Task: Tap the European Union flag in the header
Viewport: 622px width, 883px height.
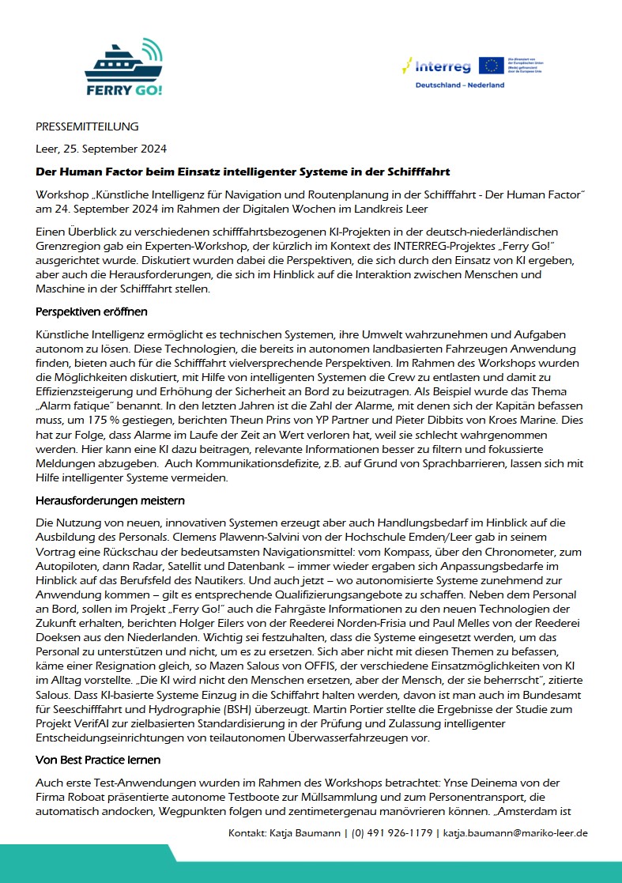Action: [491, 66]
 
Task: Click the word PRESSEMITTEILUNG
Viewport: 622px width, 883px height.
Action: [87, 126]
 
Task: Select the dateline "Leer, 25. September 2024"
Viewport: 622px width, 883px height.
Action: [101, 149]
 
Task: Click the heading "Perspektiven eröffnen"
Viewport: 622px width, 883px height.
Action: [92, 311]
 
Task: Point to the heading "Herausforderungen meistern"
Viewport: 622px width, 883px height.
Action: [109, 500]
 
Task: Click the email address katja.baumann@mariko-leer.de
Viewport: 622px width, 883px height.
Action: [515, 832]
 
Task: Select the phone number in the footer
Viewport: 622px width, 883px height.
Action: [391, 832]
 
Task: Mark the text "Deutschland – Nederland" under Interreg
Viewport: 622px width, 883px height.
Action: [459, 85]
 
